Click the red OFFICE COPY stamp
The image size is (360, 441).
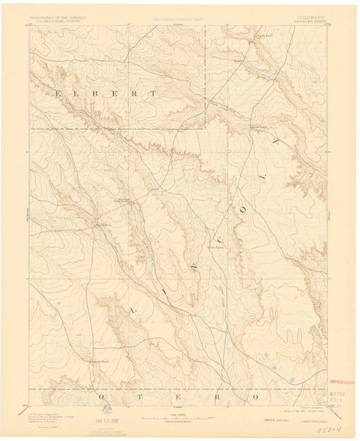341,382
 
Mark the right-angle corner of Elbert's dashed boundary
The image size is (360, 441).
205,128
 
